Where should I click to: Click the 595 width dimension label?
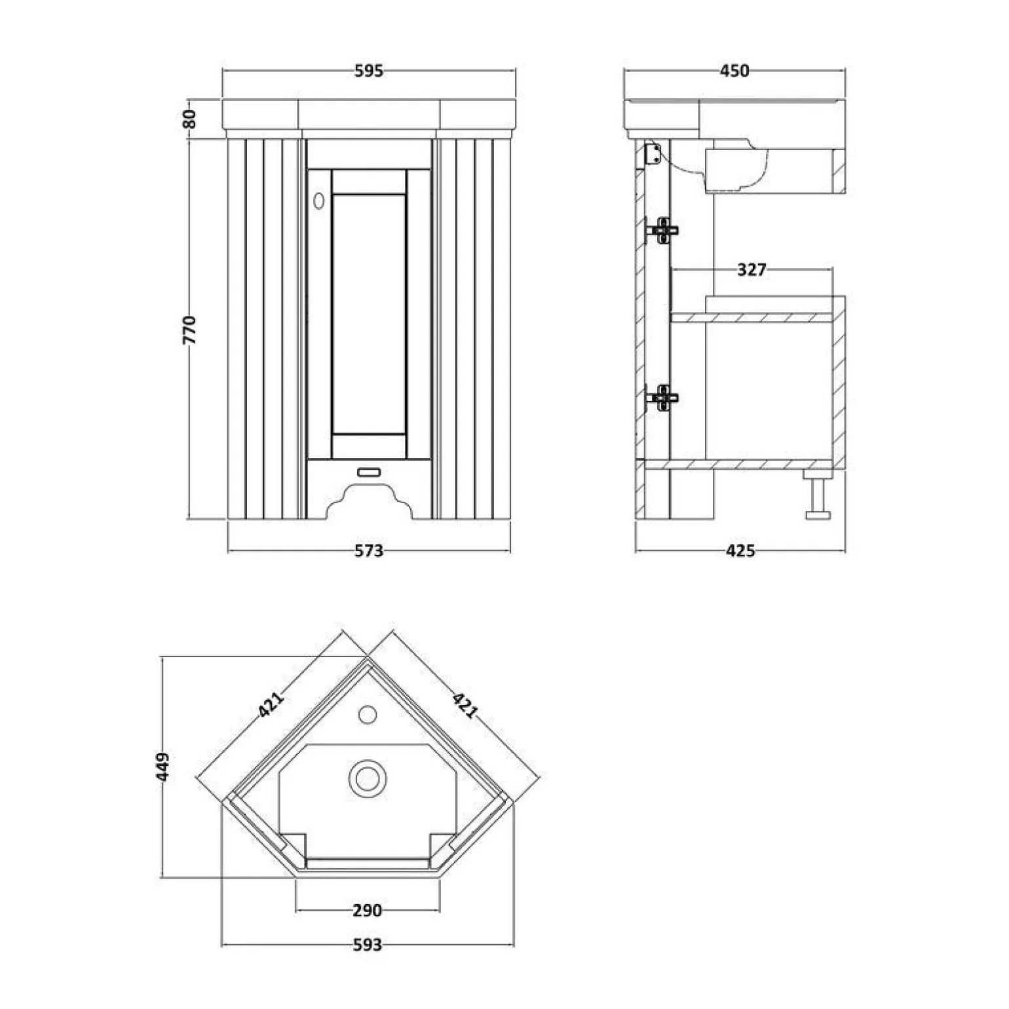(369, 71)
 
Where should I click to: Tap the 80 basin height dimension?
(189, 119)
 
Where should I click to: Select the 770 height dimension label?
(189, 330)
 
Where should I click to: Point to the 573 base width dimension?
(369, 551)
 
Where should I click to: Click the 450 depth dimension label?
(734, 71)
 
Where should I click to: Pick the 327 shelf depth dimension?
(752, 269)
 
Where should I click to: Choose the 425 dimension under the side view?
(740, 551)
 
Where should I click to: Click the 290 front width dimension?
(367, 910)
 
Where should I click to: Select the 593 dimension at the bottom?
(367, 945)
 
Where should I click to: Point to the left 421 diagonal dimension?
(271, 705)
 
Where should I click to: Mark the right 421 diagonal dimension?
(464, 705)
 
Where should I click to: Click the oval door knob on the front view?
(319, 201)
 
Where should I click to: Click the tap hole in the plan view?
(368, 714)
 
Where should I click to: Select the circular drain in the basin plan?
(368, 778)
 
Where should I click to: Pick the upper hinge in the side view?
(662, 230)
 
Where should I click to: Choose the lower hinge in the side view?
(662, 397)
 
